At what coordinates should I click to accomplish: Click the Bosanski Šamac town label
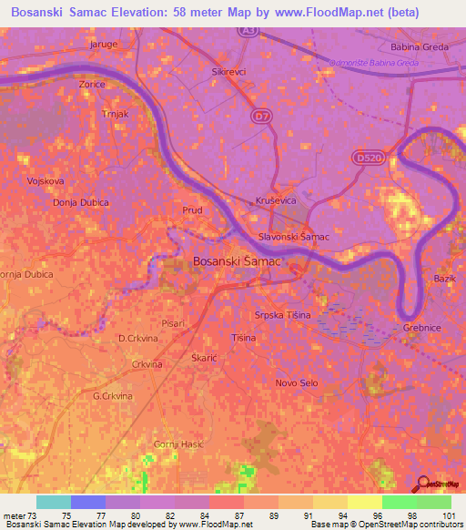click(237, 261)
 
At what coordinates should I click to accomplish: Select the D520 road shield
click(365, 158)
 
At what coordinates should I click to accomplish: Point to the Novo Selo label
click(297, 382)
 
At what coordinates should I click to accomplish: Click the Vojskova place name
click(46, 180)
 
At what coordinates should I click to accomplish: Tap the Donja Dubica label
click(55, 203)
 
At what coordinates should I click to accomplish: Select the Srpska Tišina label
click(282, 315)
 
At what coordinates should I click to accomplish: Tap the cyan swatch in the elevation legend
click(54, 502)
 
